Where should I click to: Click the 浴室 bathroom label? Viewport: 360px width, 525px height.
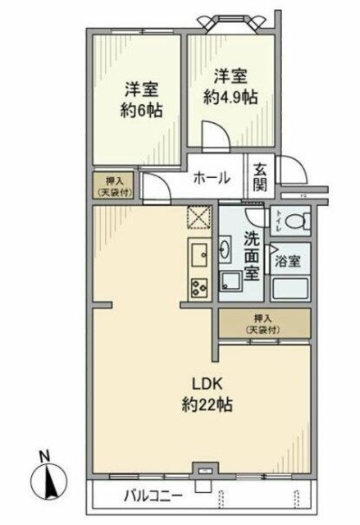(x=288, y=262)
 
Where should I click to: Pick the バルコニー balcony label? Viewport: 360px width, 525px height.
(x=153, y=496)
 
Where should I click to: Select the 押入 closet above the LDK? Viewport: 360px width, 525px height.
(x=263, y=323)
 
